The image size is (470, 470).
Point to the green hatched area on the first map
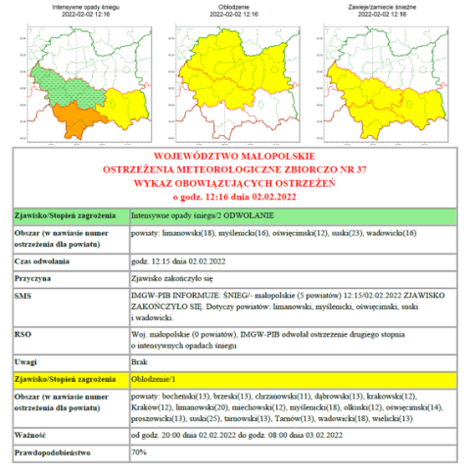coord(59,83)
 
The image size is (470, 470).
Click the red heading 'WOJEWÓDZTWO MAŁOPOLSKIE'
coord(235,157)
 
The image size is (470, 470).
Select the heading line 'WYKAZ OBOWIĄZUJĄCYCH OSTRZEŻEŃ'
coord(235,181)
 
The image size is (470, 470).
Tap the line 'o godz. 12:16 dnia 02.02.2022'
coord(235,194)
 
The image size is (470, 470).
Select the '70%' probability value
coord(139,452)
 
